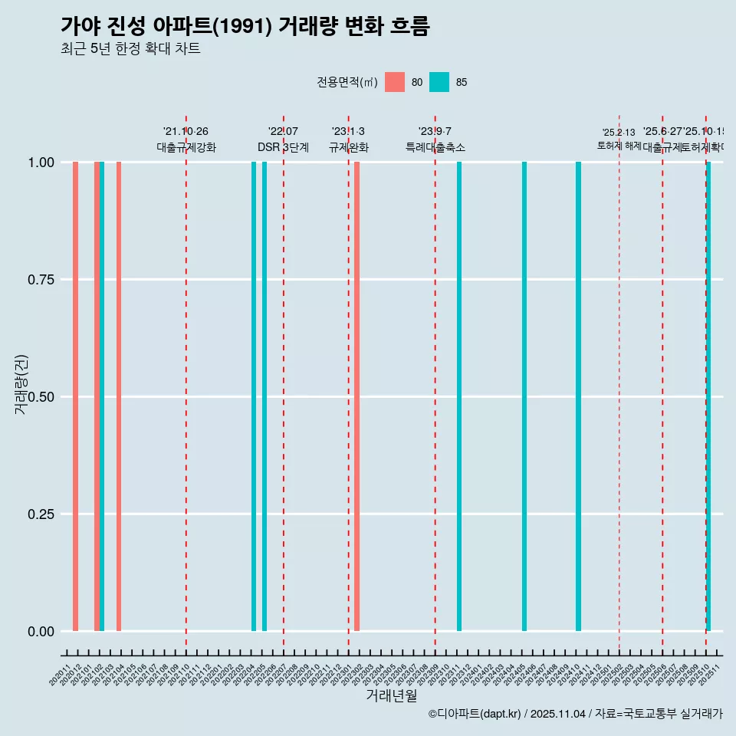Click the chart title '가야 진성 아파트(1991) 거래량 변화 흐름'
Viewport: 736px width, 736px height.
click(x=245, y=26)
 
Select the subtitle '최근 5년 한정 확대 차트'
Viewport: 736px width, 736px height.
click(x=130, y=49)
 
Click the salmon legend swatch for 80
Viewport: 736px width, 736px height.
click(x=395, y=82)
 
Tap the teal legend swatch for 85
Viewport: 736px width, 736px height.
click(x=439, y=82)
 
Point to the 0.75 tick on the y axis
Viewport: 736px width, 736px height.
click(x=39, y=280)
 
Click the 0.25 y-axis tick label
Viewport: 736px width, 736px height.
click(x=39, y=514)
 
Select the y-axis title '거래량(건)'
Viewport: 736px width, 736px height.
click(x=21, y=384)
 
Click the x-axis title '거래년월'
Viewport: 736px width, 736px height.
click(x=391, y=695)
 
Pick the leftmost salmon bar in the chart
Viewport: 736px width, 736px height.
click(x=76, y=396)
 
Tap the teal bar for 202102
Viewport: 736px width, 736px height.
click(x=102, y=396)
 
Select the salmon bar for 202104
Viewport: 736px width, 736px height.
click(x=119, y=396)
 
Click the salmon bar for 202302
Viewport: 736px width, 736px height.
click(x=357, y=396)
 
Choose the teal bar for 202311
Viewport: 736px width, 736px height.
click(x=459, y=396)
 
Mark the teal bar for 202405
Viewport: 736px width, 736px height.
click(x=524, y=396)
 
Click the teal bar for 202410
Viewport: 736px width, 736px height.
click(x=579, y=396)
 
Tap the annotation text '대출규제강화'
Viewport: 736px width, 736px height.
click(x=186, y=147)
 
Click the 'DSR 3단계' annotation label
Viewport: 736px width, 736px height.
click(x=283, y=147)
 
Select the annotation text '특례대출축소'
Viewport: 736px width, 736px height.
click(x=435, y=147)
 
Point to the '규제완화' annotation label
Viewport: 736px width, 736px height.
click(x=349, y=147)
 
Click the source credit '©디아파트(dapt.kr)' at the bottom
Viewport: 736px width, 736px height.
click(x=475, y=714)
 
